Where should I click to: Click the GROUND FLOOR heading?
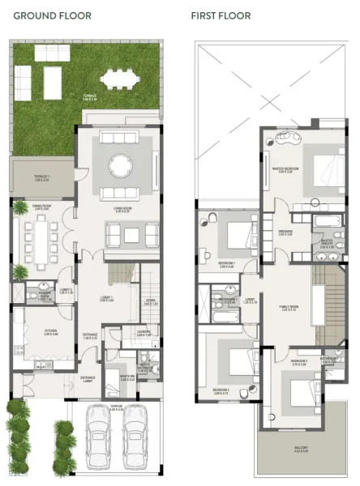click(53, 15)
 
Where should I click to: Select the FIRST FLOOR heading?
click(221, 15)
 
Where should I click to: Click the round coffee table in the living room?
click(120, 165)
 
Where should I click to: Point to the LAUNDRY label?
click(123, 332)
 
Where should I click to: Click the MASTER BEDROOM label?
click(285, 169)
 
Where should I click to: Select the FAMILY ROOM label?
click(288, 308)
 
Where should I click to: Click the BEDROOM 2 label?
click(222, 390)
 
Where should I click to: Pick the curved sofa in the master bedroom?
click(285, 139)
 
